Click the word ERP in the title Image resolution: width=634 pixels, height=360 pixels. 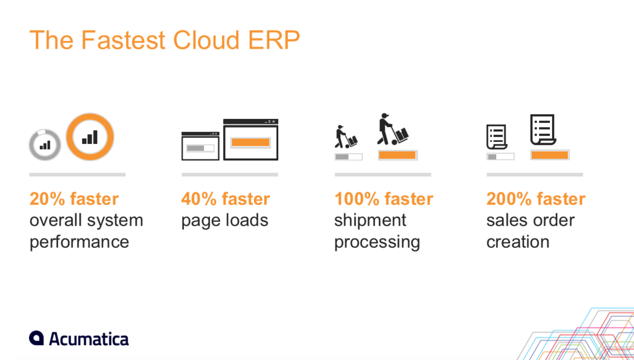pyautogui.click(x=274, y=40)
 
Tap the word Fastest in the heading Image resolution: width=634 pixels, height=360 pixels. pyautogui.click(x=123, y=40)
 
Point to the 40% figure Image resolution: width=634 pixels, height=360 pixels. pyautogui.click(x=199, y=199)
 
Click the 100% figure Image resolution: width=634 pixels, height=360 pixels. pyautogui.click(x=357, y=199)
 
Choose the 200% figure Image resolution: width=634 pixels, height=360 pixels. pyautogui.click(x=509, y=199)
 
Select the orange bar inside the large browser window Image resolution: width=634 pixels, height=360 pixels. pyautogui.click(x=251, y=142)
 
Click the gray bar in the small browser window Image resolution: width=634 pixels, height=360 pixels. pyautogui.click(x=196, y=148)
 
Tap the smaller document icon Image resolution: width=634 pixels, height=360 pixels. pyautogui.click(x=497, y=137)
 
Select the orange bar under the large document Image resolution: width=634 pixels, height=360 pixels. pyautogui.click(x=550, y=155)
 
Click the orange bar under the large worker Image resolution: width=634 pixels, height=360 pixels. pyautogui.click(x=397, y=155)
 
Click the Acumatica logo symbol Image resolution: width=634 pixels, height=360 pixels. pyautogui.click(x=37, y=338)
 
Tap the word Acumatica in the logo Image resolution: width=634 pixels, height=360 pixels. pyautogui.click(x=89, y=339)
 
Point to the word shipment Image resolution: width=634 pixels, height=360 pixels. pyautogui.click(x=370, y=220)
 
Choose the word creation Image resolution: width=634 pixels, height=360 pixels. pyautogui.click(x=518, y=242)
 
